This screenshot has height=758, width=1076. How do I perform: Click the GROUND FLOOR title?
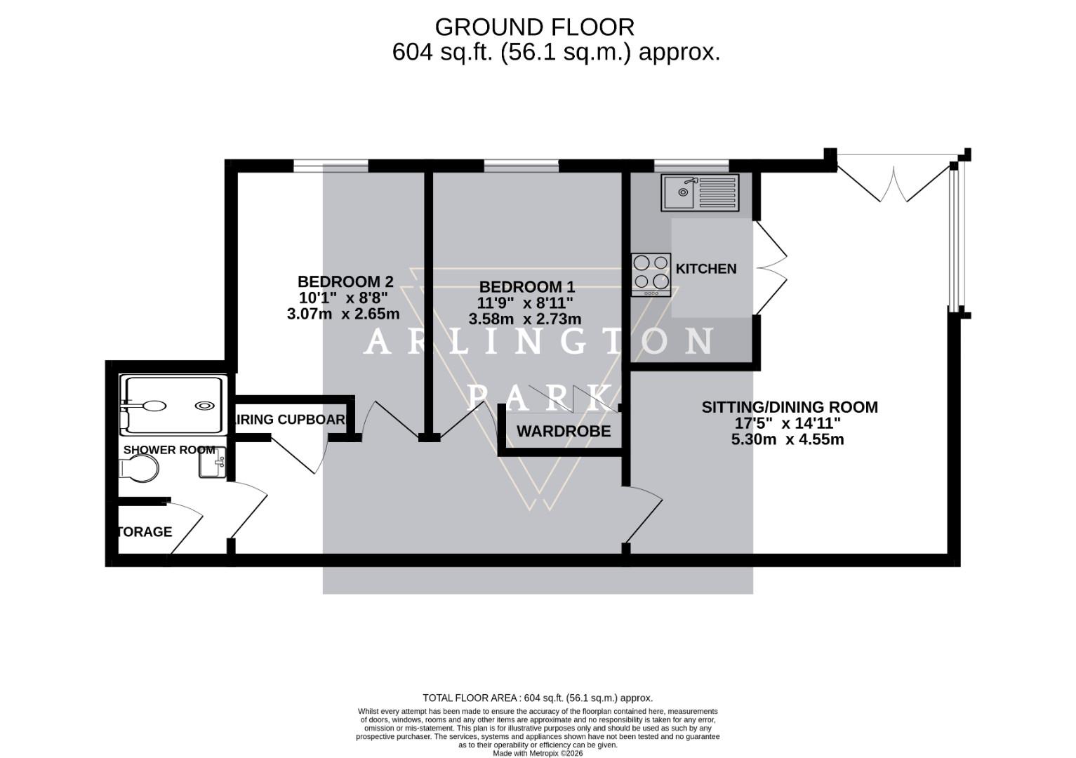[534, 27]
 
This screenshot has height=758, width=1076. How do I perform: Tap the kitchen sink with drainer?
[700, 192]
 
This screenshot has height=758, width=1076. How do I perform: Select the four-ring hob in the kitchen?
[651, 274]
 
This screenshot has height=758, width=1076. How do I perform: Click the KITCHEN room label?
[705, 269]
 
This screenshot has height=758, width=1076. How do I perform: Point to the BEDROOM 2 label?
[345, 281]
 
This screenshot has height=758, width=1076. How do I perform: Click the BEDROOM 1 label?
[526, 287]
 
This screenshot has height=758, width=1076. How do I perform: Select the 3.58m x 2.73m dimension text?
[525, 319]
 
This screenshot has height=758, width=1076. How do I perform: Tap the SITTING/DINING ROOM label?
[790, 407]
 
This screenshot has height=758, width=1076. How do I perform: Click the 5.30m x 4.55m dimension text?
[788, 440]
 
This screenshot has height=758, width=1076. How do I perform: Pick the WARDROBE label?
[564, 432]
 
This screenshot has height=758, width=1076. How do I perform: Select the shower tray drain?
[204, 406]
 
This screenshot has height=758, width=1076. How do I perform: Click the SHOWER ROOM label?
[168, 450]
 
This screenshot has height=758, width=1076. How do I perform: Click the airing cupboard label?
[291, 420]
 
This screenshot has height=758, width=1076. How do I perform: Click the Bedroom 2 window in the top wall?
[331, 166]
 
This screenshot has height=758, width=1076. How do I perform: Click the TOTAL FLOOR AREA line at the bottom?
[538, 698]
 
